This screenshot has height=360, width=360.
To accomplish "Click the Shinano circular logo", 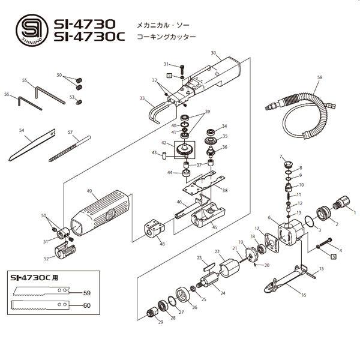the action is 32,30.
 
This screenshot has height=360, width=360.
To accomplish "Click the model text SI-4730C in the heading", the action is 89,37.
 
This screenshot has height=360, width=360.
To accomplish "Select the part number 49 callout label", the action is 89,191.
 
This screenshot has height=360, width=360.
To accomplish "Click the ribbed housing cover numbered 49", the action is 100,213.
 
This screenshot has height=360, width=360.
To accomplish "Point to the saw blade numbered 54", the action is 32,145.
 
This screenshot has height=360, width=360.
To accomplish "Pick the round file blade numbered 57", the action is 70,149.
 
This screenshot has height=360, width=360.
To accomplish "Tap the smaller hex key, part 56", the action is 30,104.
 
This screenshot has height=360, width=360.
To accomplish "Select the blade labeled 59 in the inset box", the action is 41,291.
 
